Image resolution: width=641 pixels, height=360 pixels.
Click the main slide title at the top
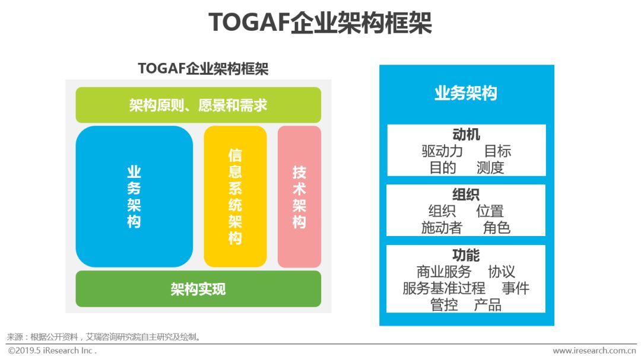point(320,23)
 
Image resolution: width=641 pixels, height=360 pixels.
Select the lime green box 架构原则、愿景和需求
point(198,105)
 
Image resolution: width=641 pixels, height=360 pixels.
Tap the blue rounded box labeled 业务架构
point(134,196)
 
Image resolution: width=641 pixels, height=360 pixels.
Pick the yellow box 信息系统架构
point(235,196)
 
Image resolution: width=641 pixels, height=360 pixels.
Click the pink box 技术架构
point(299,196)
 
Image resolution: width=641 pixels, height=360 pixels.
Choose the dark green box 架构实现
point(198,289)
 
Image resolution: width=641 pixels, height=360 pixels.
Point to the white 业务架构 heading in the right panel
point(466,93)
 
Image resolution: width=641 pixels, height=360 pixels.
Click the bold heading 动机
point(466,135)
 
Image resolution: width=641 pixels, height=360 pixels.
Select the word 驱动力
point(442,151)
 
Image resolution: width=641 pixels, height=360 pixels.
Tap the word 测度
point(490,167)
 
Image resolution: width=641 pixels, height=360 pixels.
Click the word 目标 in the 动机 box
point(497,151)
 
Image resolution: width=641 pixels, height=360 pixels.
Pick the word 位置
point(490,211)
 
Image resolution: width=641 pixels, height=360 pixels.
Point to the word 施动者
point(442,228)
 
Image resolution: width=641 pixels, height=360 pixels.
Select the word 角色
point(497,228)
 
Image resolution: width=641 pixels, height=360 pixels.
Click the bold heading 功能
point(466,256)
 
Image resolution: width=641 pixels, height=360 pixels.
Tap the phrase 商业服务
point(443,272)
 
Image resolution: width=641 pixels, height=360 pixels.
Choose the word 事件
point(516,288)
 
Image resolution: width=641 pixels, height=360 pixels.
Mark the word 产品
point(488,305)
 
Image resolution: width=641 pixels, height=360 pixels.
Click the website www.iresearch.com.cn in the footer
point(594,351)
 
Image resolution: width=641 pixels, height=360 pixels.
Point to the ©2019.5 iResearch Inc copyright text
point(52,351)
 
